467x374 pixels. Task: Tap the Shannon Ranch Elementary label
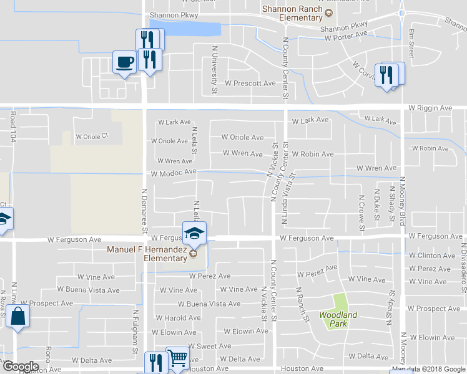click(292, 13)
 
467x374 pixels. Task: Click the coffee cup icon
click(124, 62)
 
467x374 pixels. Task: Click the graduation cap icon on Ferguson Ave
click(194, 234)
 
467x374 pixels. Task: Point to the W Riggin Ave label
click(430, 108)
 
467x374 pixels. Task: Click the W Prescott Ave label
click(250, 83)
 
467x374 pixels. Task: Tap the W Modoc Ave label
click(173, 171)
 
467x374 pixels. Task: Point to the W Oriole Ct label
click(92, 135)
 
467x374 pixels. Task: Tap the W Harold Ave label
click(177, 318)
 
